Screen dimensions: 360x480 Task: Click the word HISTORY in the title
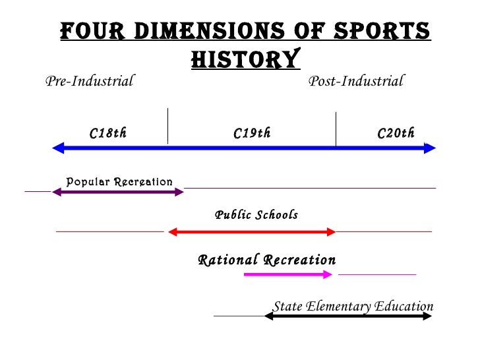(245, 59)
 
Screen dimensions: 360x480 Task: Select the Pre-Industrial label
(89, 82)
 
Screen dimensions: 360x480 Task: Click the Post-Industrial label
(356, 82)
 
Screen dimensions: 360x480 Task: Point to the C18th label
(108, 134)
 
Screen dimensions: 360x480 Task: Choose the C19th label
(252, 134)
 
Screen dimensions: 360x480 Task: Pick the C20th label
(396, 134)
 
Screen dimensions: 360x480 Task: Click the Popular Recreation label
(119, 181)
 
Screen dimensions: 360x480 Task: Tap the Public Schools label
(256, 215)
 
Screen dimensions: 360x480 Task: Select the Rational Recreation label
(266, 260)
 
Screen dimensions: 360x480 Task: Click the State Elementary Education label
(353, 307)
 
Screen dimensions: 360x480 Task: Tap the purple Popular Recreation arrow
(118, 192)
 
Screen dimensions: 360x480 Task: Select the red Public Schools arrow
(253, 231)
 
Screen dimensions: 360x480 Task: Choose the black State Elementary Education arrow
(348, 316)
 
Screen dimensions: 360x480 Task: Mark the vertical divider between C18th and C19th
(167, 125)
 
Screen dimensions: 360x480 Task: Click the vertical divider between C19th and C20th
(336, 129)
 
